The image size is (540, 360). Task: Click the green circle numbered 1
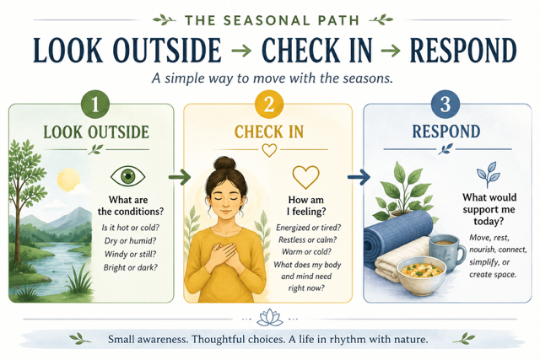point(95,105)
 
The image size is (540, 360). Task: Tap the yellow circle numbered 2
point(269,105)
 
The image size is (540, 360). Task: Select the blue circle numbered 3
point(445,105)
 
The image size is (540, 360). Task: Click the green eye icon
point(127,176)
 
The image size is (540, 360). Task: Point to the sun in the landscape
point(68,180)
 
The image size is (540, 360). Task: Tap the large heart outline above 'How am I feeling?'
point(305,177)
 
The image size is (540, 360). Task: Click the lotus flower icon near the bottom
point(270,317)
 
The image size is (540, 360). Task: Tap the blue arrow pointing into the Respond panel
point(359,177)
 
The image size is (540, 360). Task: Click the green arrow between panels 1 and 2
point(180,177)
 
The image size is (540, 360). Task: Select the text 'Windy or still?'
point(130,255)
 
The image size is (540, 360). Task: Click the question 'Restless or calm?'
point(307,239)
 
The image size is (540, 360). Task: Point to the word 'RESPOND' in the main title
point(463,51)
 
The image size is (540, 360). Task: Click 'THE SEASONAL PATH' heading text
point(272,20)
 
